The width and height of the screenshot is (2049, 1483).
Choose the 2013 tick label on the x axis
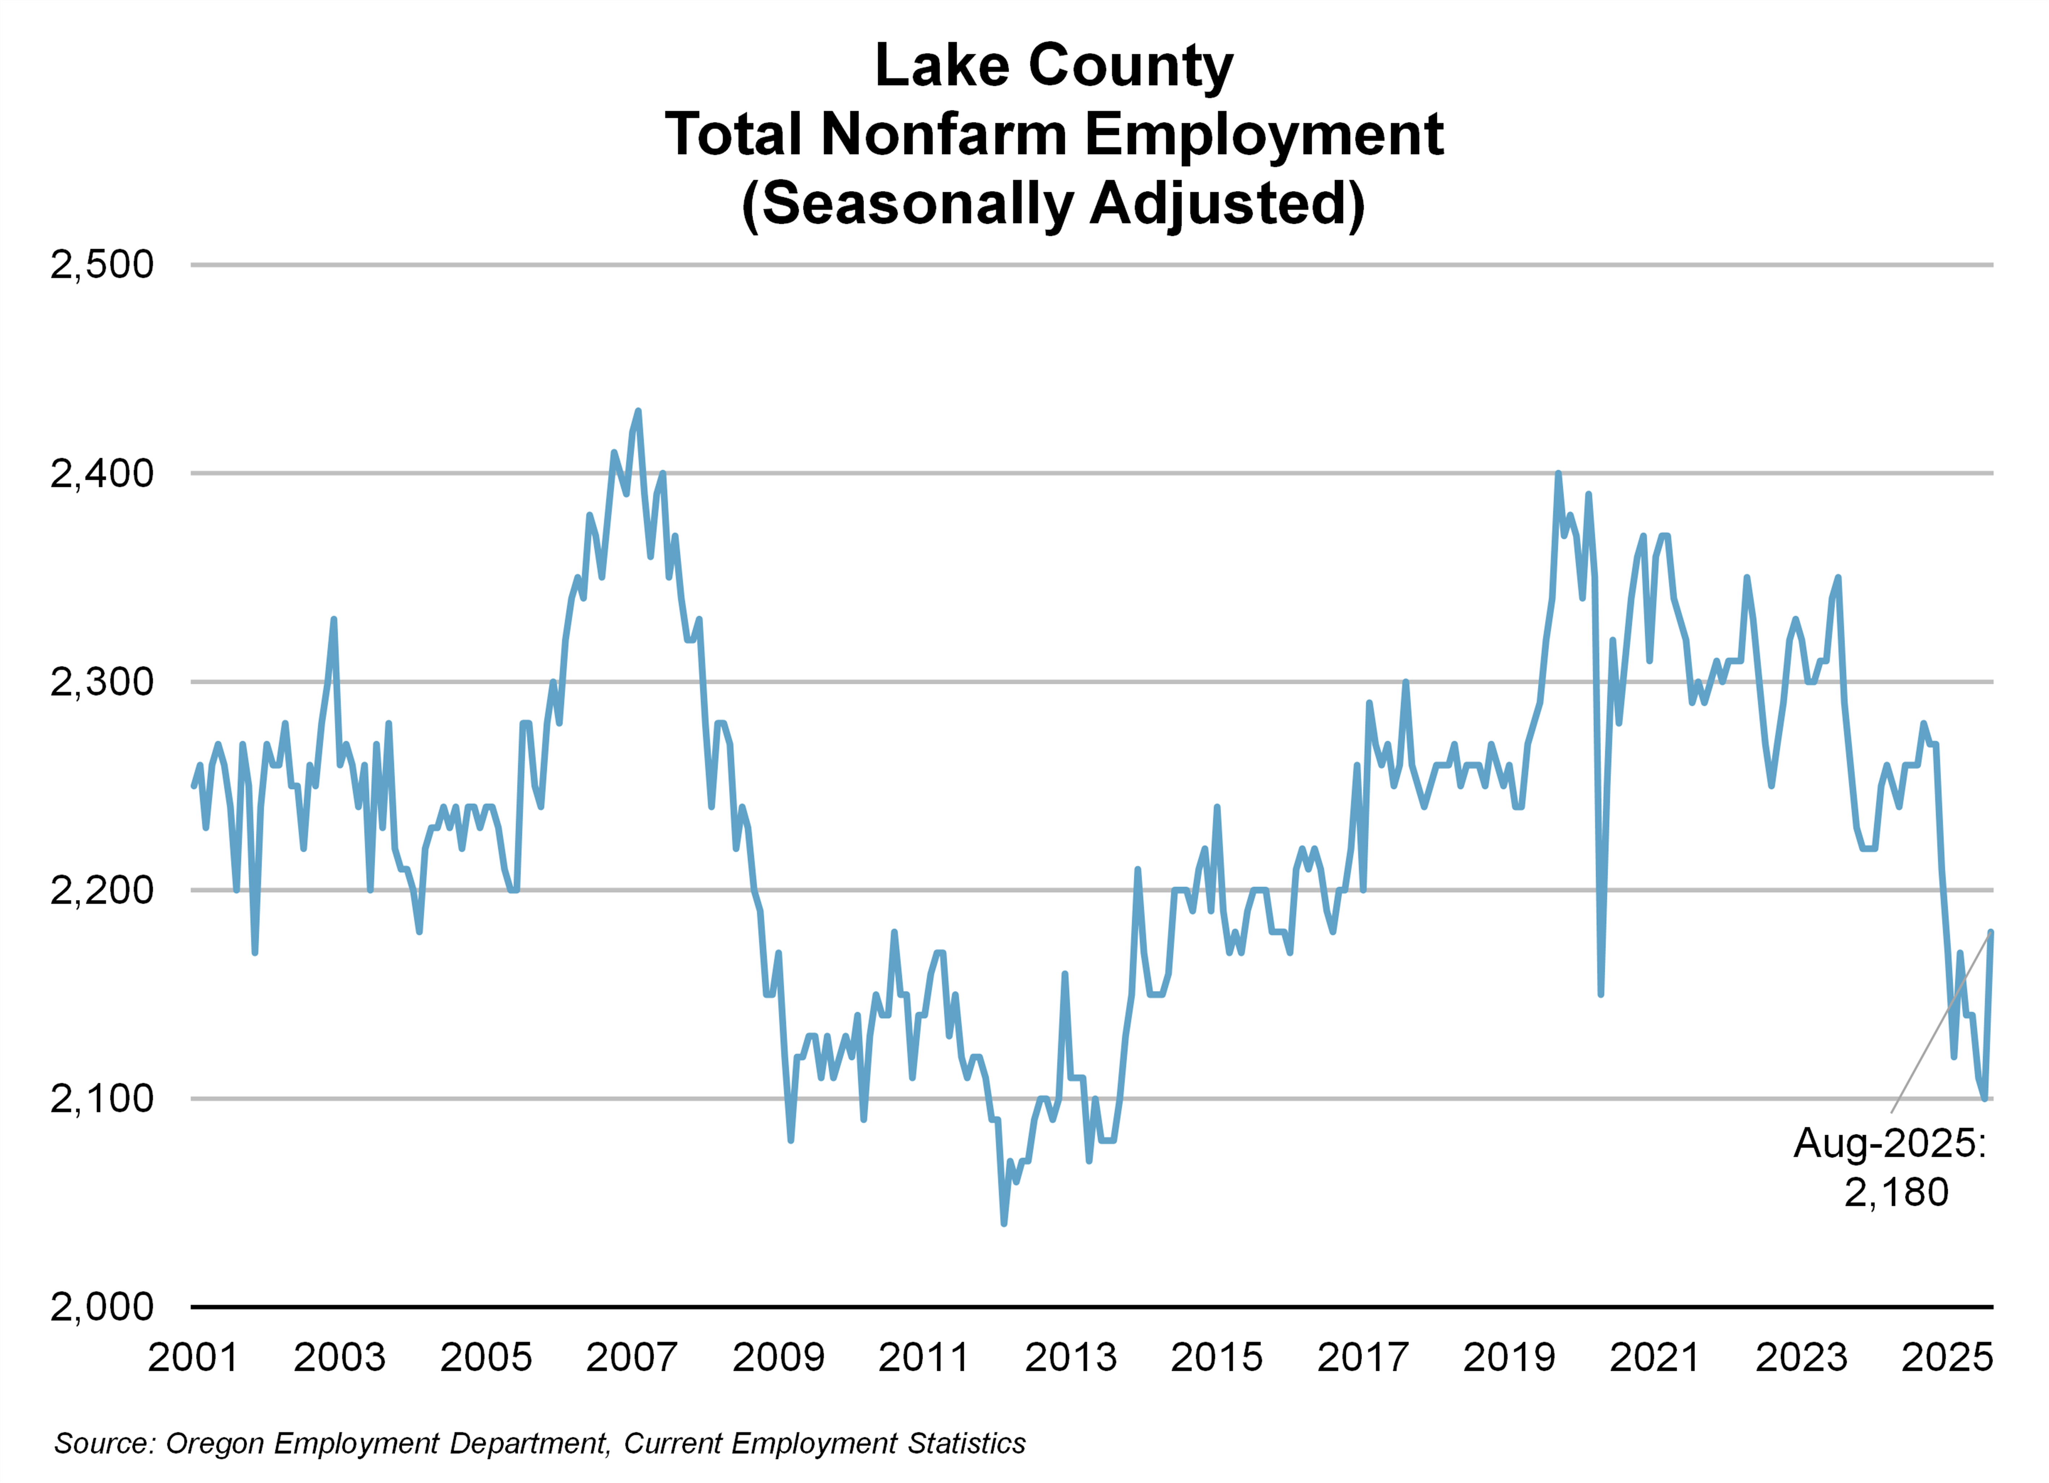coord(1071,1358)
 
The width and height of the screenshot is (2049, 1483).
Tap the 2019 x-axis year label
coord(1509,1358)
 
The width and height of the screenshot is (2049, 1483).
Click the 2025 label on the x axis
coord(1947,1358)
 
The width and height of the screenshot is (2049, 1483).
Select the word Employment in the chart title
coord(1263,134)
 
